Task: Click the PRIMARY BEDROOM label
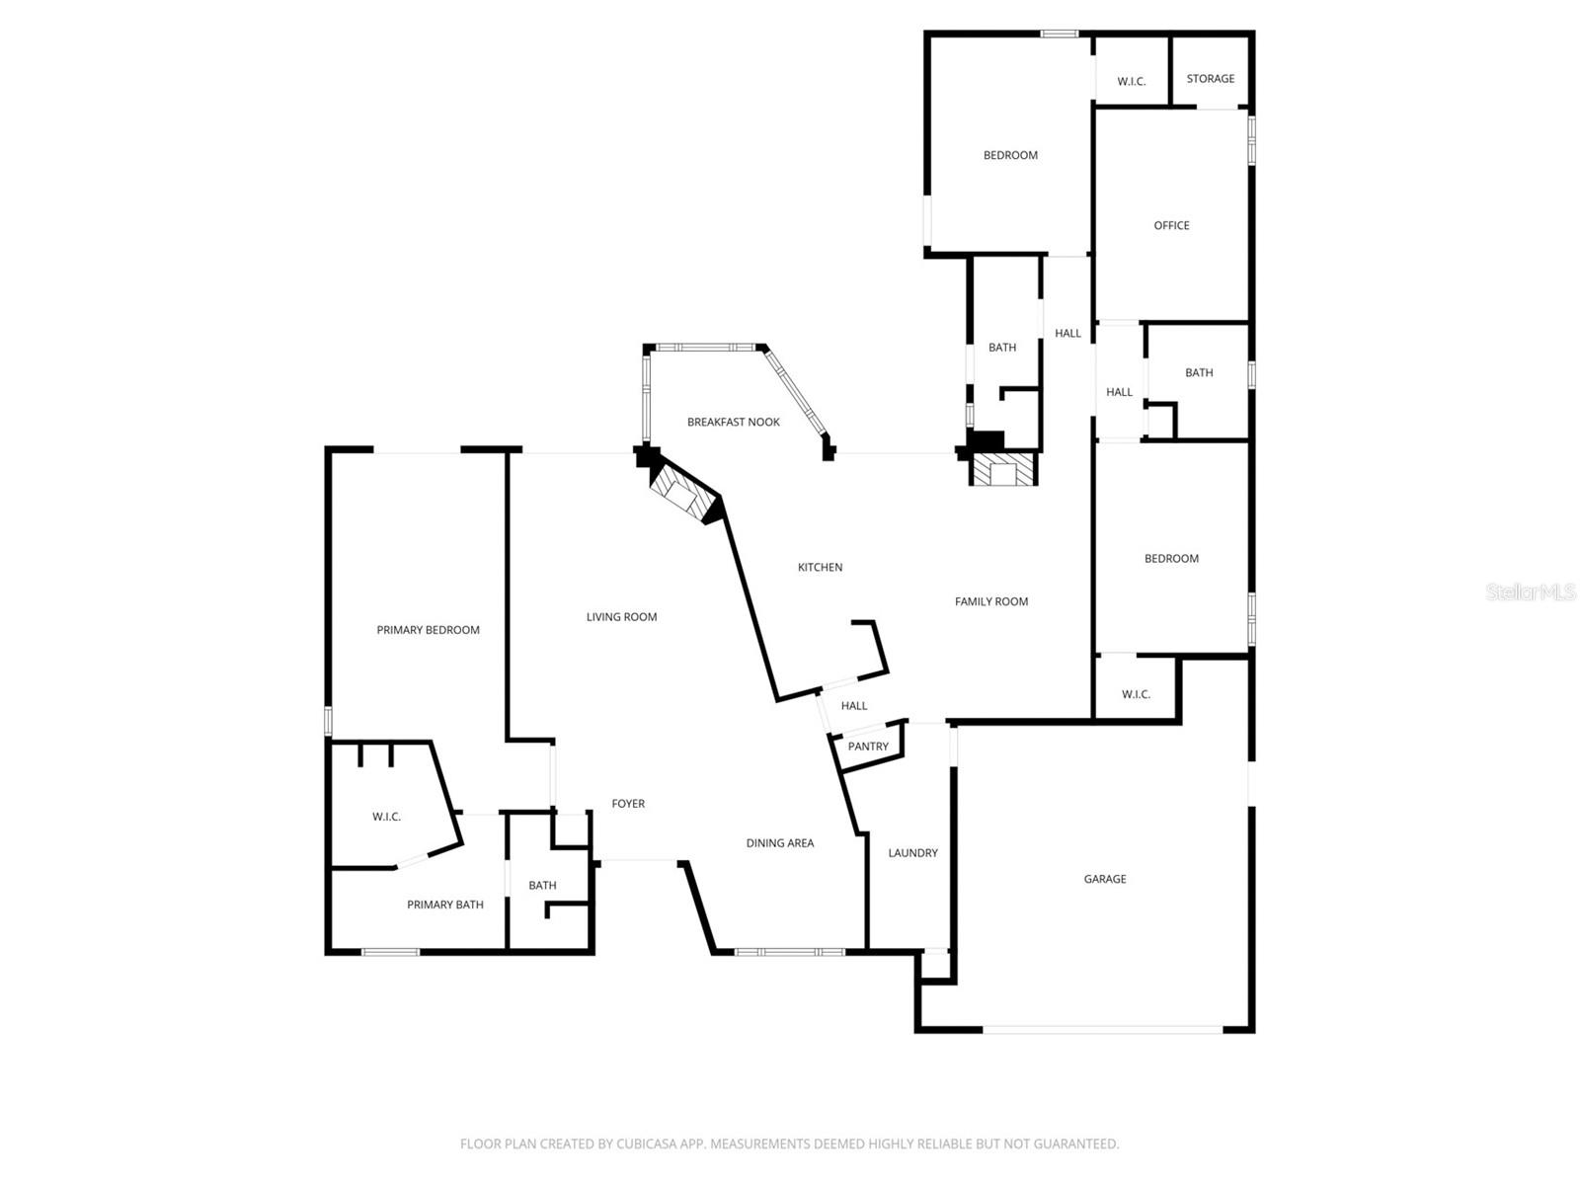pyautogui.click(x=428, y=630)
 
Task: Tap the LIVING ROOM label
pyautogui.click(x=621, y=617)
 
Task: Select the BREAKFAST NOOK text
pyautogui.click(x=733, y=423)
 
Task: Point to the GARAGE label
pyautogui.click(x=1104, y=879)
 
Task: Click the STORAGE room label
pyautogui.click(x=1210, y=79)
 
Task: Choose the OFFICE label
pyautogui.click(x=1171, y=226)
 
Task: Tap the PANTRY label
pyautogui.click(x=868, y=747)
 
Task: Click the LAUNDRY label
pyautogui.click(x=912, y=853)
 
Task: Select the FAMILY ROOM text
pyautogui.click(x=990, y=601)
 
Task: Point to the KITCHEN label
pyautogui.click(x=820, y=568)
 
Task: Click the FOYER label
pyautogui.click(x=628, y=804)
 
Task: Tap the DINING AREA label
pyautogui.click(x=779, y=843)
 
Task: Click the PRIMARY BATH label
pyautogui.click(x=444, y=905)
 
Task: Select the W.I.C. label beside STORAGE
pyautogui.click(x=1131, y=82)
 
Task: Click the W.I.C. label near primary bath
pyautogui.click(x=386, y=817)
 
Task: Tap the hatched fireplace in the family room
pyautogui.click(x=1003, y=470)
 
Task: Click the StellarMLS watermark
pyautogui.click(x=1530, y=592)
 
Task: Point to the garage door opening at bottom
pyautogui.click(x=1102, y=1030)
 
